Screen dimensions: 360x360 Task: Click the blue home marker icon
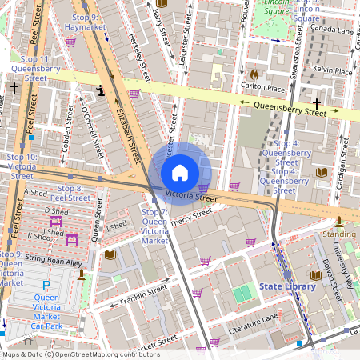[x=180, y=172]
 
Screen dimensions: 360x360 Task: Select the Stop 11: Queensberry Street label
[x=35, y=69]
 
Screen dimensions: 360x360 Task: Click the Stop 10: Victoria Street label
[x=22, y=166]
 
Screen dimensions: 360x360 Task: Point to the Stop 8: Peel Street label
[x=70, y=192]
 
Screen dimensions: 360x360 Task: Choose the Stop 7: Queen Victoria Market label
[x=154, y=226]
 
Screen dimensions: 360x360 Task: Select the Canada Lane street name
[x=333, y=30]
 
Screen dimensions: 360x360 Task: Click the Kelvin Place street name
[x=333, y=71]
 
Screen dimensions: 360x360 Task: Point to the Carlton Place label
[x=263, y=88]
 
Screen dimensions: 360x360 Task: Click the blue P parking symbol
[x=46, y=286]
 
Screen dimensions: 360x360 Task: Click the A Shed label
[x=36, y=193]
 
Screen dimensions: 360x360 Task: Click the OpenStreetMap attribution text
[x=80, y=354]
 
